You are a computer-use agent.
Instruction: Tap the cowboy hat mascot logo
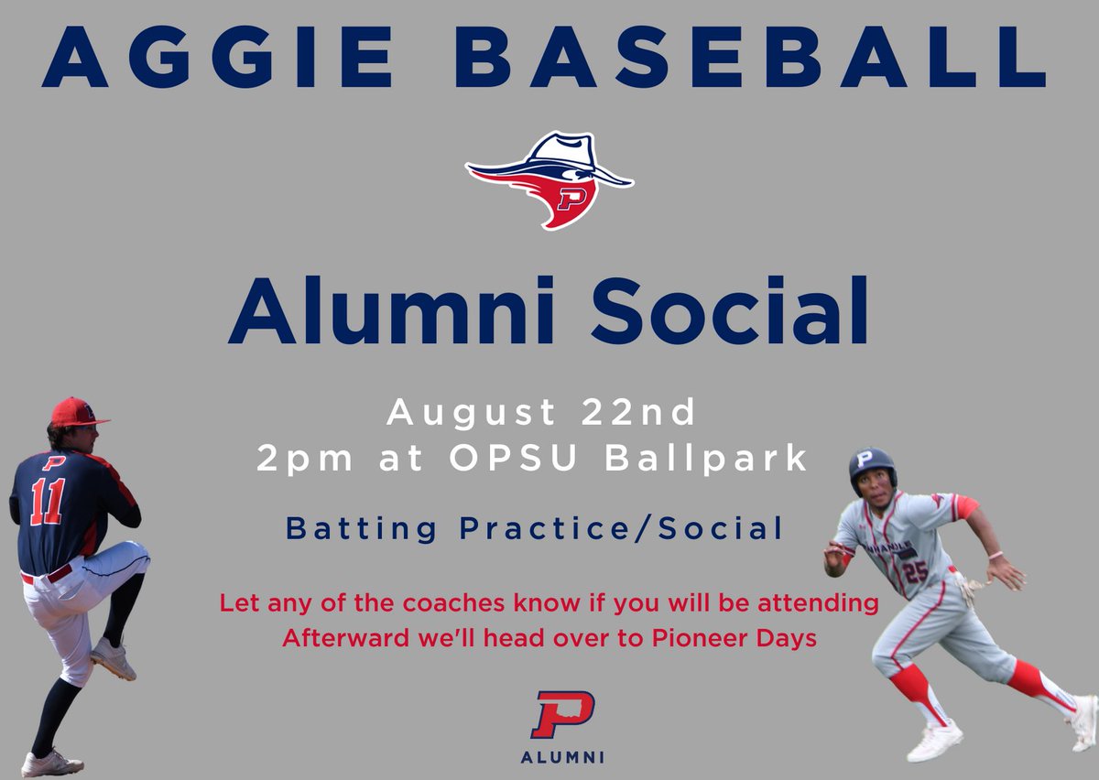pos(548,179)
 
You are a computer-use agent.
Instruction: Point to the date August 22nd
pos(541,414)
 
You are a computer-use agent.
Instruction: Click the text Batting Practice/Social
pos(535,529)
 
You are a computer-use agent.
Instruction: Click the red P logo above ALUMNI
pos(562,715)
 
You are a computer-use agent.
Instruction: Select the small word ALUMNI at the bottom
pos(562,757)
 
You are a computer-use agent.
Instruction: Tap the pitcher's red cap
pos(76,413)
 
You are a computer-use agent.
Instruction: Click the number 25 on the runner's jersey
pos(916,570)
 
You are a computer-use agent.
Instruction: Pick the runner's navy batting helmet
pos(871,466)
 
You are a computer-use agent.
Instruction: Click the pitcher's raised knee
pos(129,559)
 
